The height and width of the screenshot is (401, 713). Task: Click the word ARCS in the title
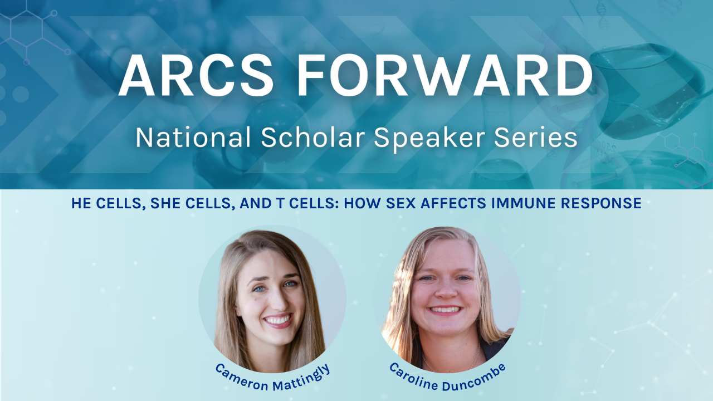tap(196, 75)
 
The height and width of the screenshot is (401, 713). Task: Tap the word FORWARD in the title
tap(445, 75)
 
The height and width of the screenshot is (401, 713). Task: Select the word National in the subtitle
tap(193, 137)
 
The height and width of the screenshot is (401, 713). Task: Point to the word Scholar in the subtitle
tap(313, 137)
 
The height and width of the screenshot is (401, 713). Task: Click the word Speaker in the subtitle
tap(429, 139)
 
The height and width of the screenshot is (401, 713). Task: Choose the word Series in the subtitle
tap(536, 137)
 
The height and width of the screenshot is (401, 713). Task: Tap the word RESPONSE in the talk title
tap(601, 203)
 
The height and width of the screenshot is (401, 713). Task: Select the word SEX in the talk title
tap(401, 203)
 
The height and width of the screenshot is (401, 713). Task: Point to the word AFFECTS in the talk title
tap(453, 203)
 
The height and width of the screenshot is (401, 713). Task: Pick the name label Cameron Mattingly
tap(273, 378)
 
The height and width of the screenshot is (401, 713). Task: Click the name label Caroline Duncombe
tap(447, 378)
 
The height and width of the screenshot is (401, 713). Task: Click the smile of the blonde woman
tap(445, 310)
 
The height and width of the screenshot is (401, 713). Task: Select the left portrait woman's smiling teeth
tap(277, 320)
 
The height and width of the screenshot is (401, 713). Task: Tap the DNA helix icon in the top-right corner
tap(602, 14)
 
